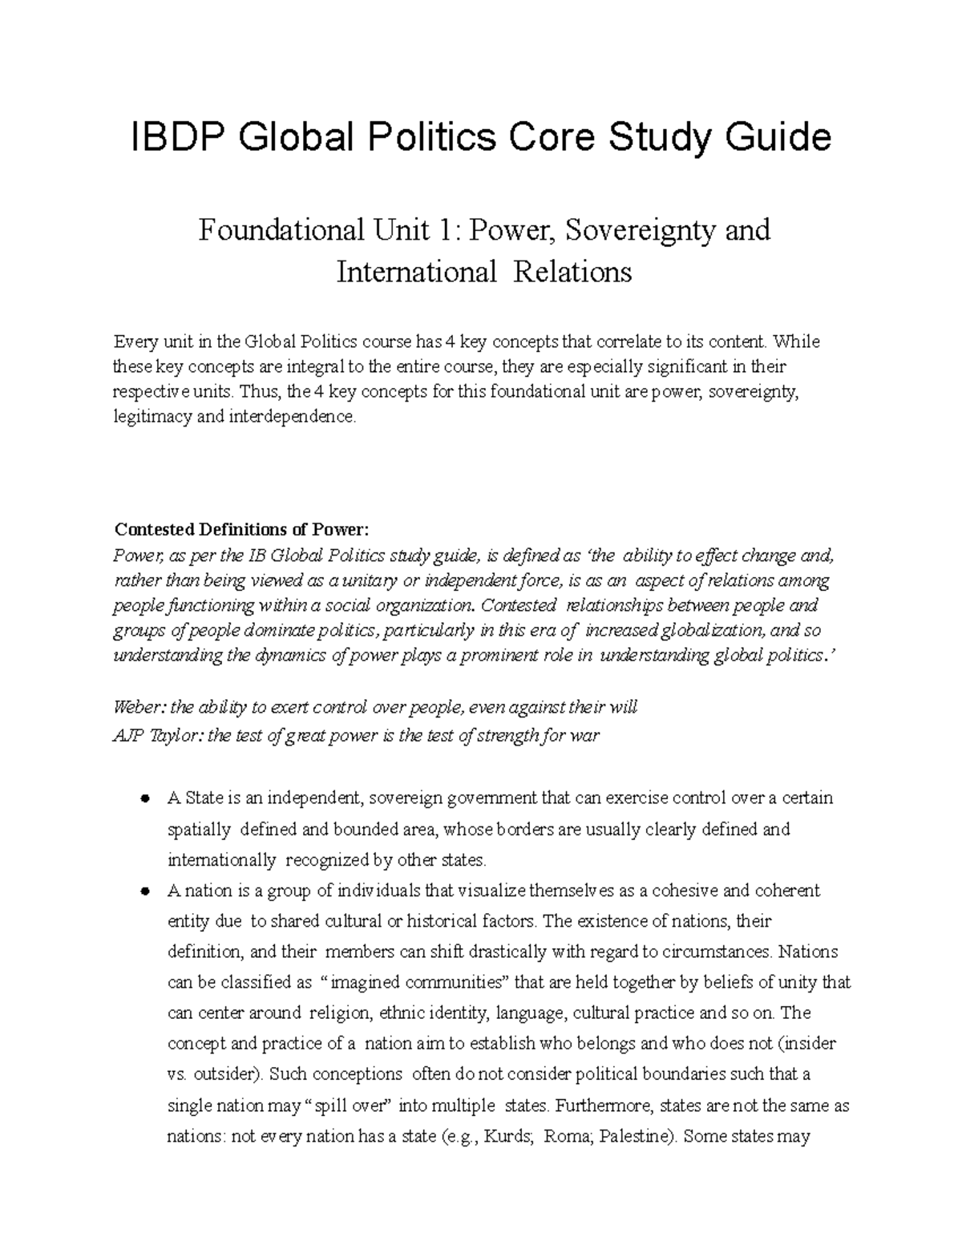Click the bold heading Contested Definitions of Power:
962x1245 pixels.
(242, 530)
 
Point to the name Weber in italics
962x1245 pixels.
(139, 708)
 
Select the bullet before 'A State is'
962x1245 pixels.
(145, 799)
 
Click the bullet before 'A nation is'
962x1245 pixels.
(145, 891)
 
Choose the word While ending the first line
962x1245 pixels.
(798, 342)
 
